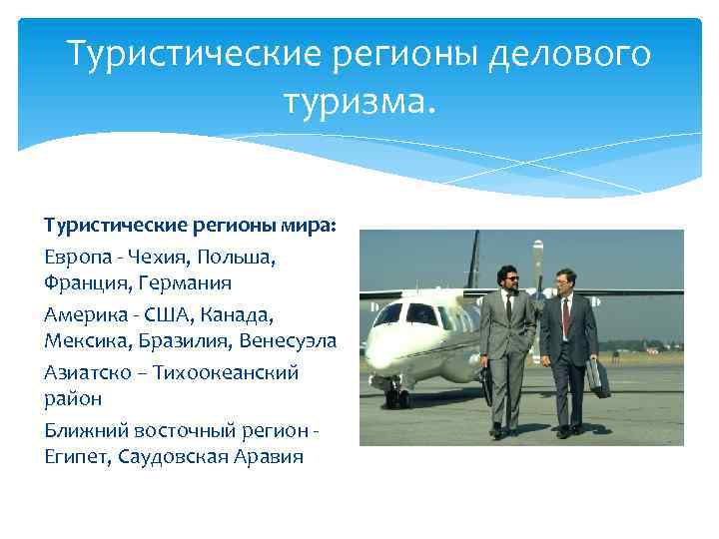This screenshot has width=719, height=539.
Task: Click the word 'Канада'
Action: (237, 314)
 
